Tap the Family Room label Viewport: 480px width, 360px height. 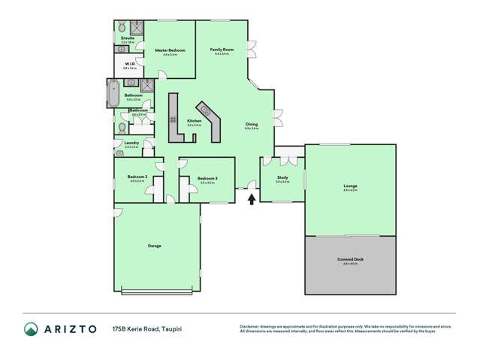pos(222,50)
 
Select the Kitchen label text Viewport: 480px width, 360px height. pos(194,120)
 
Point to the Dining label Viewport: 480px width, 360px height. pos(252,125)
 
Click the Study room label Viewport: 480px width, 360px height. pos(282,178)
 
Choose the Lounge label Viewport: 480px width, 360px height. pos(350,186)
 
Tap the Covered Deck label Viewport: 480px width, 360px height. pos(350,259)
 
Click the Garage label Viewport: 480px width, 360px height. pos(154,246)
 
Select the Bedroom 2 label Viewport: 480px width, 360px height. pos(137,177)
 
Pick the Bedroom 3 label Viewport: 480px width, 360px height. pos(206,178)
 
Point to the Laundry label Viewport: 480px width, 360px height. pos(130,143)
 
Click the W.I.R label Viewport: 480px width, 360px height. pos(129,64)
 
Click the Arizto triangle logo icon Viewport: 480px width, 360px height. pos(31,328)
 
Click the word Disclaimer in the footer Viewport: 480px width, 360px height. pos(250,325)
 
